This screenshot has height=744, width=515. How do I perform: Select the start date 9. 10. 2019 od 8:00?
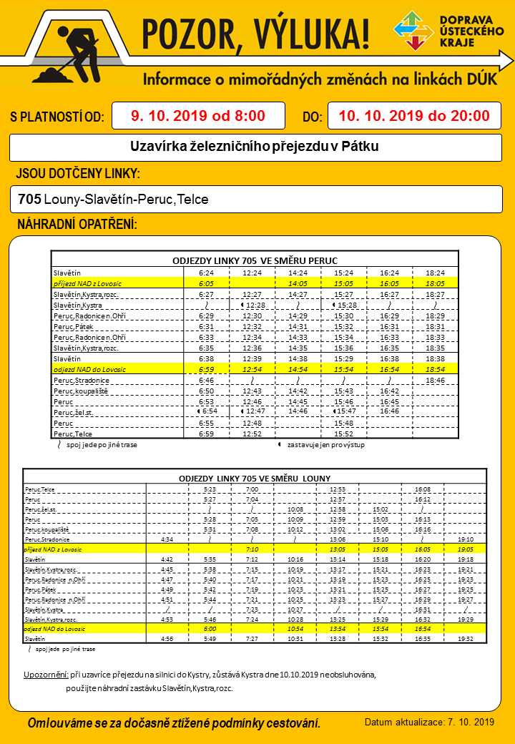199,116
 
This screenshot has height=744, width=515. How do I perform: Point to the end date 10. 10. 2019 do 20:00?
414,116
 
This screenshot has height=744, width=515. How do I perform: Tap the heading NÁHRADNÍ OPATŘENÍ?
77,225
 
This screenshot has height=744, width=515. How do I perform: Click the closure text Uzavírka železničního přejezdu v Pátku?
255,147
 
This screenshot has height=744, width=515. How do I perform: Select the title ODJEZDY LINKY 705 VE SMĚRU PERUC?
255,260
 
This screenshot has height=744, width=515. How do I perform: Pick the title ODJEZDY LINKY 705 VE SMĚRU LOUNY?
255,479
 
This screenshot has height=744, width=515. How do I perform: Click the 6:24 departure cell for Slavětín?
206,273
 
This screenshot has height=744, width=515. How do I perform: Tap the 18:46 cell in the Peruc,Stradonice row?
435,381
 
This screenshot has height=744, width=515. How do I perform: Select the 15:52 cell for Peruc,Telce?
344,434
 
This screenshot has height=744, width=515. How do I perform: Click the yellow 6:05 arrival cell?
206,283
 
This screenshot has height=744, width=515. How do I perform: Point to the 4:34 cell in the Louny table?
167,539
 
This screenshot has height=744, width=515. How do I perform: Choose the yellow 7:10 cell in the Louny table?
252,549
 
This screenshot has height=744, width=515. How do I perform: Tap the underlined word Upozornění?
46,675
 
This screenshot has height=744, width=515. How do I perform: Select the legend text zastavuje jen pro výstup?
322,445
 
